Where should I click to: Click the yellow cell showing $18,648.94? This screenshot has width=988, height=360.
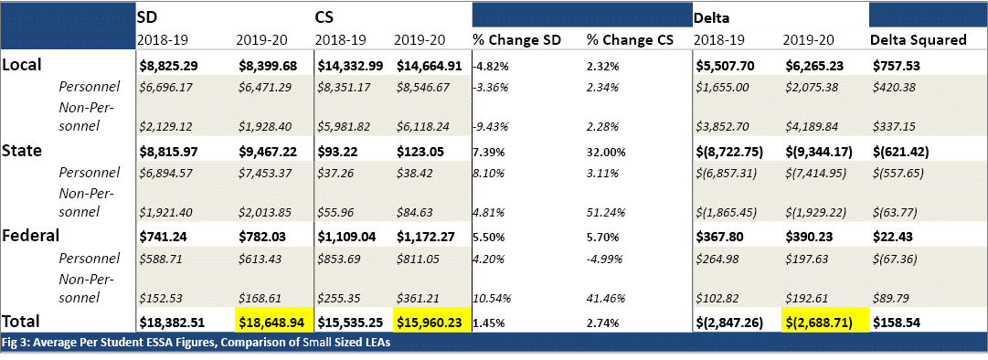point(271,322)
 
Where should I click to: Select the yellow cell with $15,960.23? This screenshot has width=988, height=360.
point(431,322)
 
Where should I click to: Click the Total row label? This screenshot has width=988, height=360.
point(25,322)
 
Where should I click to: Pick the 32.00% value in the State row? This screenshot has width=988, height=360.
point(605,151)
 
